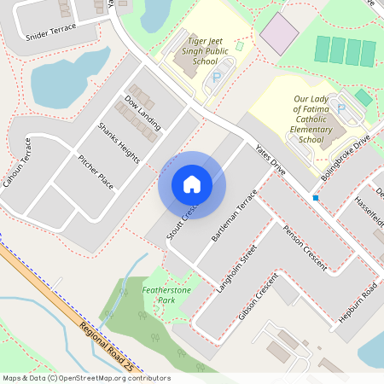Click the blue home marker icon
[191, 184]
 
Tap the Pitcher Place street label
[96, 172]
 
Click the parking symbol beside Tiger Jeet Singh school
[216, 78]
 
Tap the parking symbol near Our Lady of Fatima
[342, 108]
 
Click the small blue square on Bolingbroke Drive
[316, 198]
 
